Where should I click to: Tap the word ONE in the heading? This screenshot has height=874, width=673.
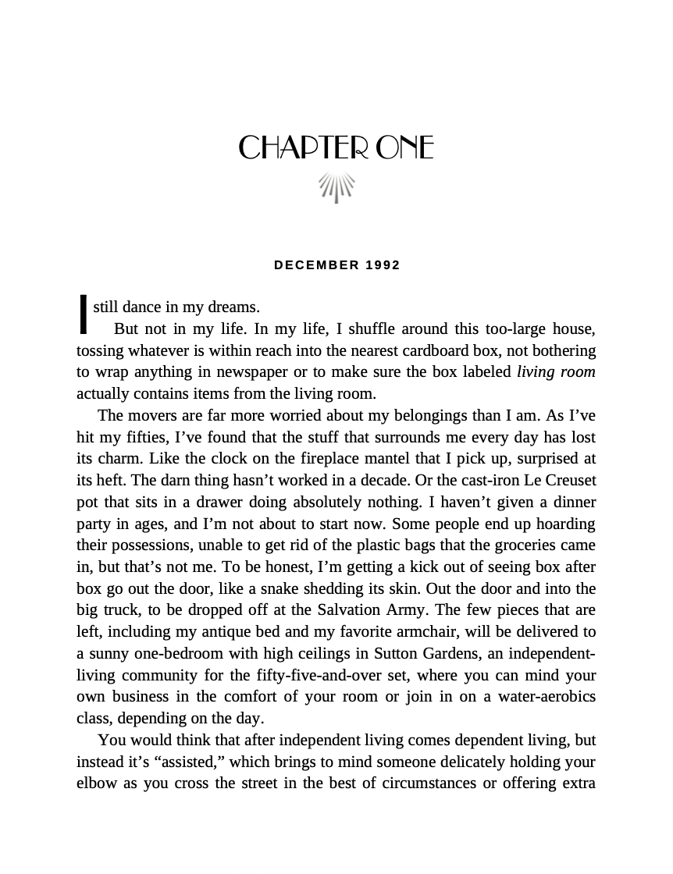[x=404, y=147]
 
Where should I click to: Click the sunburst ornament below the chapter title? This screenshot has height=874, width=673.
[x=336, y=187]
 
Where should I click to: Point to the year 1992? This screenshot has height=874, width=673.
[x=383, y=265]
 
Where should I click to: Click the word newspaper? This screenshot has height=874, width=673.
[x=253, y=372]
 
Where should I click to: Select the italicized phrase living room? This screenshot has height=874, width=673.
[x=556, y=372]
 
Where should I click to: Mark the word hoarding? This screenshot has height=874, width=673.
[x=564, y=523]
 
